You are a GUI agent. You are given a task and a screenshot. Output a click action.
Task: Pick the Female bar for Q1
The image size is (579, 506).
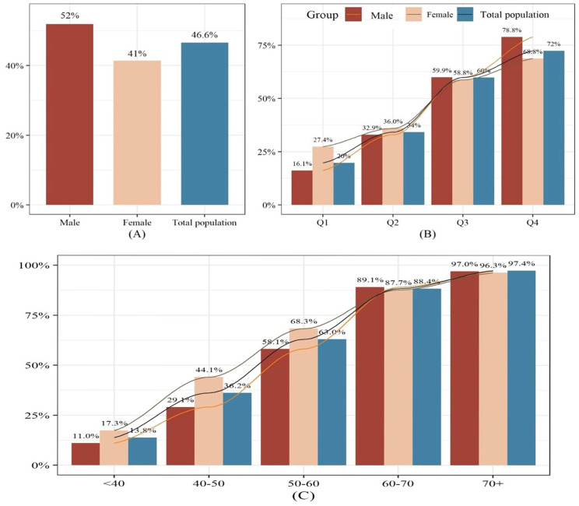323,176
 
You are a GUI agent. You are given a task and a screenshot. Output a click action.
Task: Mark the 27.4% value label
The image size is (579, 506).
323,139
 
